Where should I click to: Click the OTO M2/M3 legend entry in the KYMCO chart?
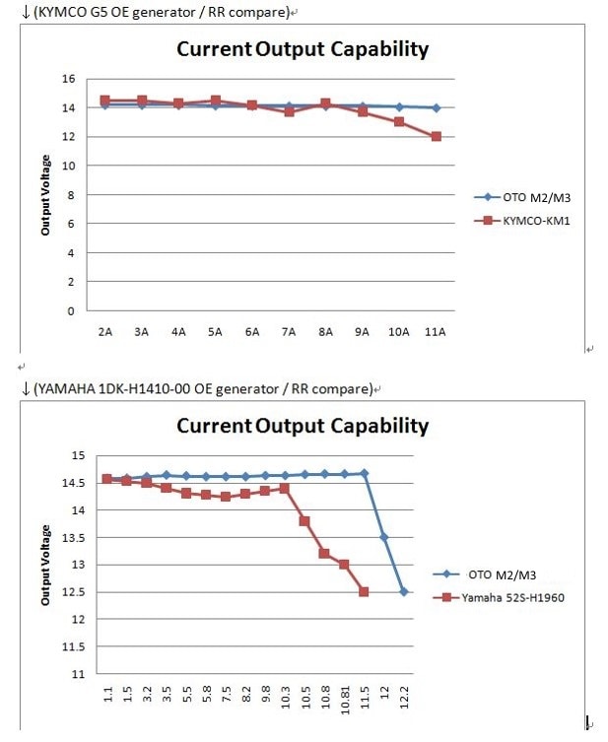click(x=532, y=196)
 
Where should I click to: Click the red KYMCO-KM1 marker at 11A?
click(x=436, y=137)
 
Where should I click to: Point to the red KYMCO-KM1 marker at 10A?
click(x=399, y=122)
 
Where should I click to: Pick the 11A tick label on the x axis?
click(x=436, y=332)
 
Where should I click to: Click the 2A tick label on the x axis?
click(x=105, y=332)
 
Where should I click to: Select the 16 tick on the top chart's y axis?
click(x=68, y=79)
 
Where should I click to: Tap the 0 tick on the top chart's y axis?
click(x=71, y=311)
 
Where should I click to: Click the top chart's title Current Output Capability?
click(x=303, y=49)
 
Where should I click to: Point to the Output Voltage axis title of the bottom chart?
click(x=46, y=565)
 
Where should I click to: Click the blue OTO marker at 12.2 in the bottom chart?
click(x=403, y=591)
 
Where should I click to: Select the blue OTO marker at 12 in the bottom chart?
click(x=383, y=537)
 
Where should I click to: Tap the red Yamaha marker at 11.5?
click(x=364, y=591)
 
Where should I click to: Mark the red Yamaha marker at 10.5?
click(x=304, y=521)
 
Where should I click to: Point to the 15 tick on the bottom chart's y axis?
click(x=79, y=455)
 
